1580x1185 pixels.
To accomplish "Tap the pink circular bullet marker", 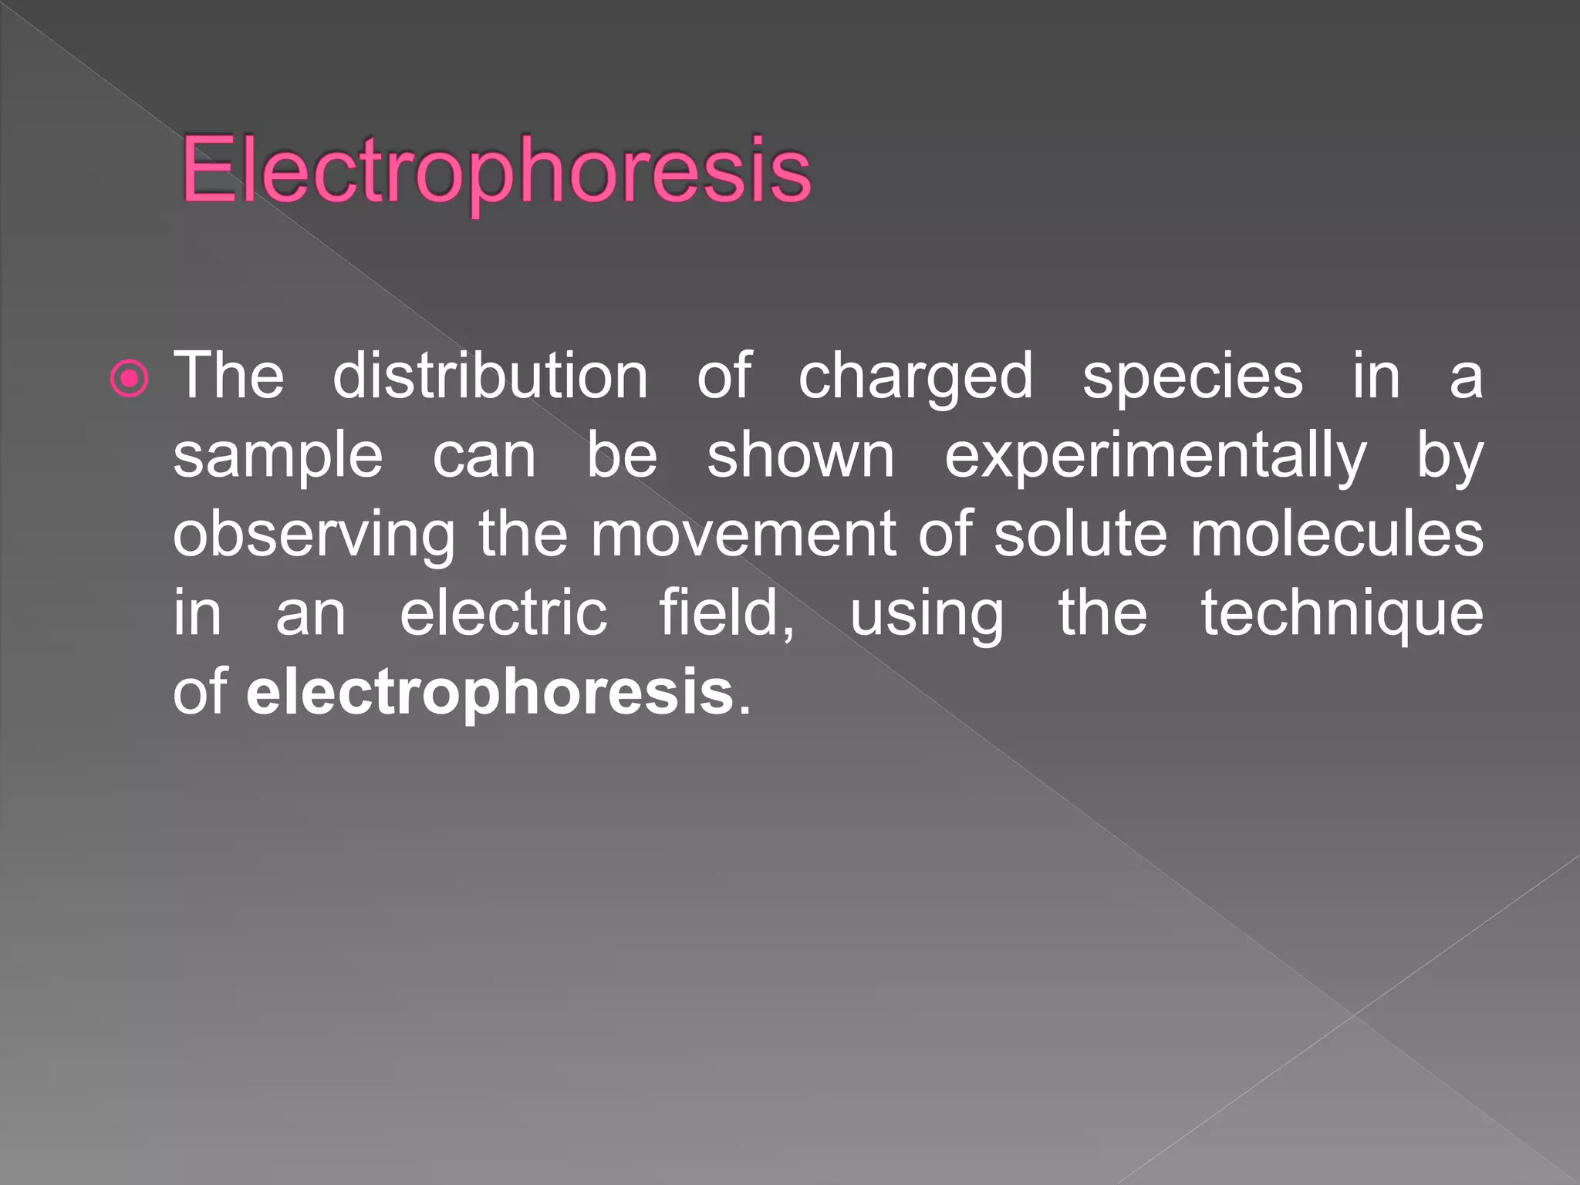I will pos(129,378).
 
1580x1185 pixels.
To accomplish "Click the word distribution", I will pos(490,376).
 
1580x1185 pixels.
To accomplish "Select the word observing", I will pos(314,536).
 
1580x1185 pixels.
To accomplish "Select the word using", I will pos(927,616).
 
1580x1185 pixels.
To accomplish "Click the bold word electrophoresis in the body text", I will pos(490,693).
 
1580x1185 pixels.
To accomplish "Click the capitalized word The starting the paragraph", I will pos(229,376).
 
